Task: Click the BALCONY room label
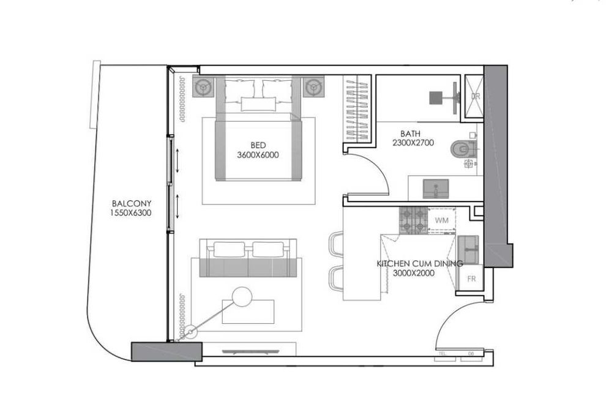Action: click(132, 204)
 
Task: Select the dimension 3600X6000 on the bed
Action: click(258, 155)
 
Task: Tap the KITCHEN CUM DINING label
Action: click(419, 264)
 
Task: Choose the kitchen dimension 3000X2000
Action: click(414, 273)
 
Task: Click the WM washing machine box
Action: click(441, 219)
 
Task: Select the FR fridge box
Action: click(471, 278)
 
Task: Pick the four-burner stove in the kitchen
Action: click(412, 221)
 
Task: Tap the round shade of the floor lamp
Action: click(242, 297)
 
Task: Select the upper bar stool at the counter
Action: click(336, 242)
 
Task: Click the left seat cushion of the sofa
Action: click(228, 249)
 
